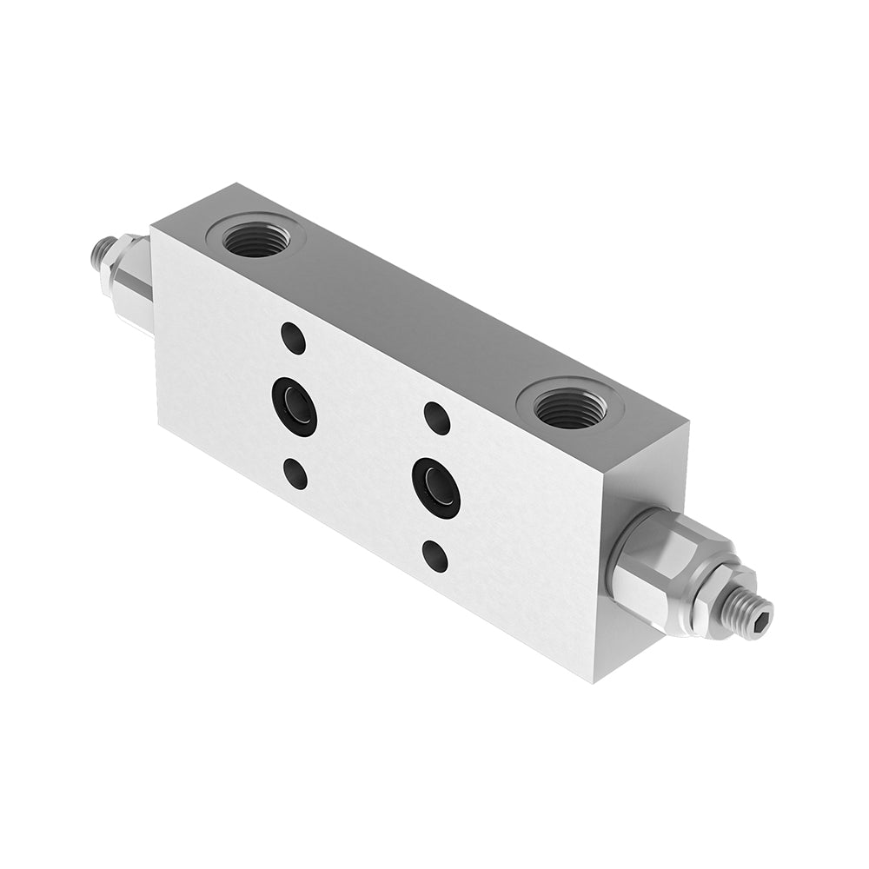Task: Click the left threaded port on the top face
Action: [255, 237]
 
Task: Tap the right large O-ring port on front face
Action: [436, 488]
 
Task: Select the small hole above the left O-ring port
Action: [294, 338]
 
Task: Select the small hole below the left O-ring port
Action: [295, 474]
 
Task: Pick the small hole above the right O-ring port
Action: [436, 418]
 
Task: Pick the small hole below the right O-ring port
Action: [435, 556]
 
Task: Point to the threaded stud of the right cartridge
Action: [747, 614]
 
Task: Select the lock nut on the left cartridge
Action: [113, 264]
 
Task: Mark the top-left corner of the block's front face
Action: [151, 227]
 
